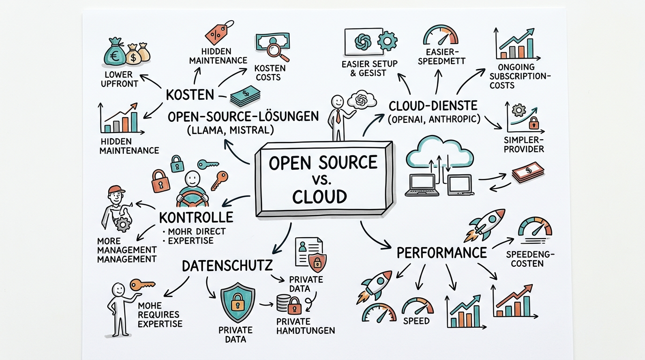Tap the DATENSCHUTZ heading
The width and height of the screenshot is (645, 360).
tap(227, 266)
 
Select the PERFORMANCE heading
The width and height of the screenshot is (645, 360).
tap(442, 253)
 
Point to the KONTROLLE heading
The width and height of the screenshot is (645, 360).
tap(196, 217)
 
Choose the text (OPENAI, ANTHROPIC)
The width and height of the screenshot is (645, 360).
tap(434, 120)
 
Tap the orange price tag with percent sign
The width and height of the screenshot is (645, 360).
tap(216, 34)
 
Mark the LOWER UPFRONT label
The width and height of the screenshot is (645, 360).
tap(121, 79)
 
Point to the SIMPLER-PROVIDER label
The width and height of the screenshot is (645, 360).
tap(524, 144)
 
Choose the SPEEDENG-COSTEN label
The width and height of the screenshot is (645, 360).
tap(531, 258)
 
